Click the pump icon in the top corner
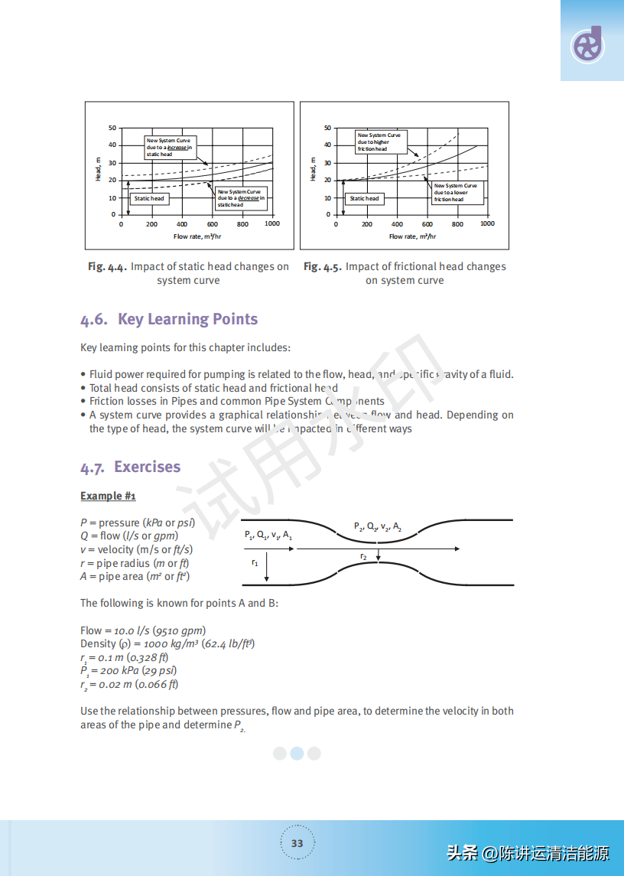click(x=587, y=46)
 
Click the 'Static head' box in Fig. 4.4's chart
click(x=149, y=198)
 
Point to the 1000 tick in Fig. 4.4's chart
click(x=272, y=224)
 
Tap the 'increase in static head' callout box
click(x=169, y=148)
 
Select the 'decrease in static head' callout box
click(x=241, y=198)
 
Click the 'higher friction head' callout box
click(x=380, y=142)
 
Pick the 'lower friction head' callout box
click(x=457, y=192)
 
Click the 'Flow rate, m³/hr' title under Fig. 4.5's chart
click(x=414, y=236)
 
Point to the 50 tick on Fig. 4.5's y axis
click(x=328, y=128)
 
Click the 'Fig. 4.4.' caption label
click(x=106, y=267)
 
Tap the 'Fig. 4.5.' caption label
click(x=322, y=267)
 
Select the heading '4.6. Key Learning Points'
click(x=169, y=320)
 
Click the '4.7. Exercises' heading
click(x=131, y=467)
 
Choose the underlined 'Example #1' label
click(x=108, y=497)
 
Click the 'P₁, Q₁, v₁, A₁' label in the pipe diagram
click(x=268, y=536)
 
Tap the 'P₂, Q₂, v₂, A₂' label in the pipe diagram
click(x=378, y=526)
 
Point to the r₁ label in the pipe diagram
click(x=255, y=562)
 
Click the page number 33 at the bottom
click(x=297, y=843)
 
